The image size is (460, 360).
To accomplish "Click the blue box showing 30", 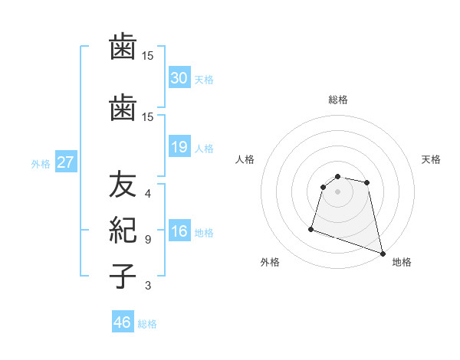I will point(179,78).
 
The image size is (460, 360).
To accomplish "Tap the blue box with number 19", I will point(179,147).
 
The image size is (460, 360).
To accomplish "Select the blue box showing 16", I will point(179,231).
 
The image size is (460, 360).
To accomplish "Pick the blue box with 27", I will point(66,162).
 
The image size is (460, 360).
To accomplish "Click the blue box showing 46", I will point(123,322).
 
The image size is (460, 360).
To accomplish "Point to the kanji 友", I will point(123,185).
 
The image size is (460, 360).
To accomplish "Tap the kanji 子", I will point(123,276).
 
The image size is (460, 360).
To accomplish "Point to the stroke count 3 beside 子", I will point(148,286).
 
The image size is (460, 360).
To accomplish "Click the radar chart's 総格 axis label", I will point(338,100).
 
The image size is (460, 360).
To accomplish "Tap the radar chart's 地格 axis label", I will point(402,263).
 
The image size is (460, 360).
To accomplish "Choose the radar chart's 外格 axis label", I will point(270,263).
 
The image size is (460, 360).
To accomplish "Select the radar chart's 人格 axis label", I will point(245,159).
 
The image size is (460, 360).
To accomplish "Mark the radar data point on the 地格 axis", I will point(383,253).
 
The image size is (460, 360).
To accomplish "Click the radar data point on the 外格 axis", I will point(311,228).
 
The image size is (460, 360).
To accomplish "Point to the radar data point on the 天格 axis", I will point(367,182).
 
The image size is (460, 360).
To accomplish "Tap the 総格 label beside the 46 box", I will point(147,324).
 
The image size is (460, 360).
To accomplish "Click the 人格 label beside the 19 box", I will point(204,148).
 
